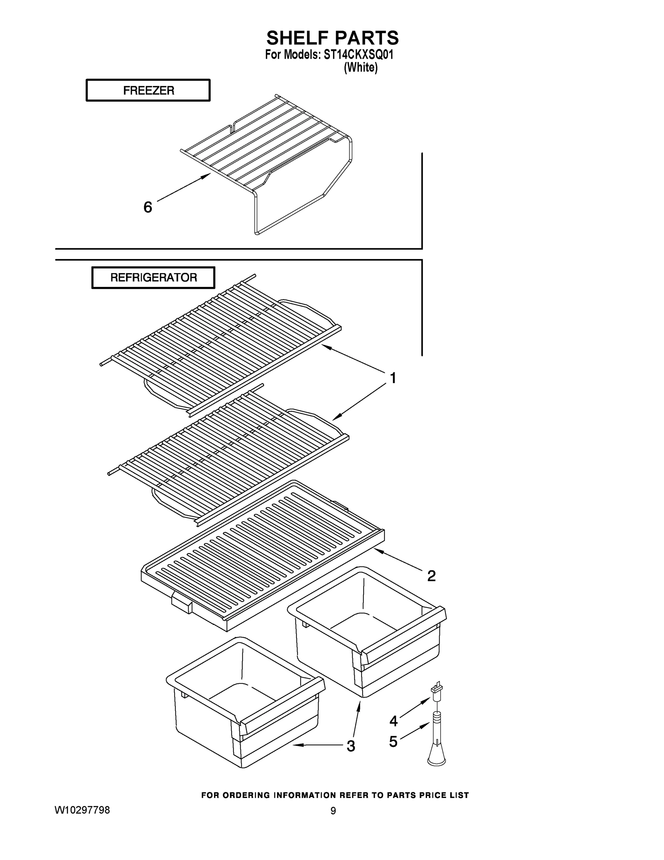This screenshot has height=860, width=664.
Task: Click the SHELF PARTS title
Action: click(x=333, y=38)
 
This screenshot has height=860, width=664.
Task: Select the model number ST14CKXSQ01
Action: click(x=358, y=55)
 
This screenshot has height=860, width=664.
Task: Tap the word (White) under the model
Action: click(x=360, y=68)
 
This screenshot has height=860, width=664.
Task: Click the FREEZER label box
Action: click(x=148, y=91)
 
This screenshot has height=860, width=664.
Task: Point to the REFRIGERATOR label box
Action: click(x=154, y=278)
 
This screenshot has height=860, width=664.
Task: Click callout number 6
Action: click(x=147, y=207)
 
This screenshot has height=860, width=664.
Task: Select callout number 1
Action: click(x=393, y=378)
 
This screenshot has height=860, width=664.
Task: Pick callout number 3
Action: click(x=350, y=746)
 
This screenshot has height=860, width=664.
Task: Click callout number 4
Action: click(x=393, y=721)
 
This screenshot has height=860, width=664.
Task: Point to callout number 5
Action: click(x=393, y=742)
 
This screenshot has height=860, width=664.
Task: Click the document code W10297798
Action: click(x=82, y=810)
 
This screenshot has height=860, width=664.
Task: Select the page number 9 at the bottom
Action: click(x=333, y=811)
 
